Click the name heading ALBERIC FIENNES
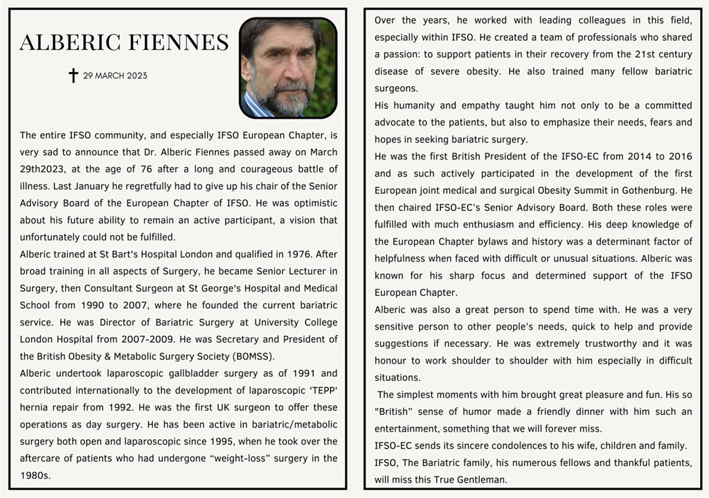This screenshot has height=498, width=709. (x=124, y=43)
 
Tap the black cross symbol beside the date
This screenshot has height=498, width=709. (x=73, y=75)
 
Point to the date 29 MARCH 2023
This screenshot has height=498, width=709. (x=115, y=75)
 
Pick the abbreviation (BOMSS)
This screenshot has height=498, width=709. (x=251, y=356)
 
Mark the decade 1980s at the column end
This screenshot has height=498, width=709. (x=35, y=475)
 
